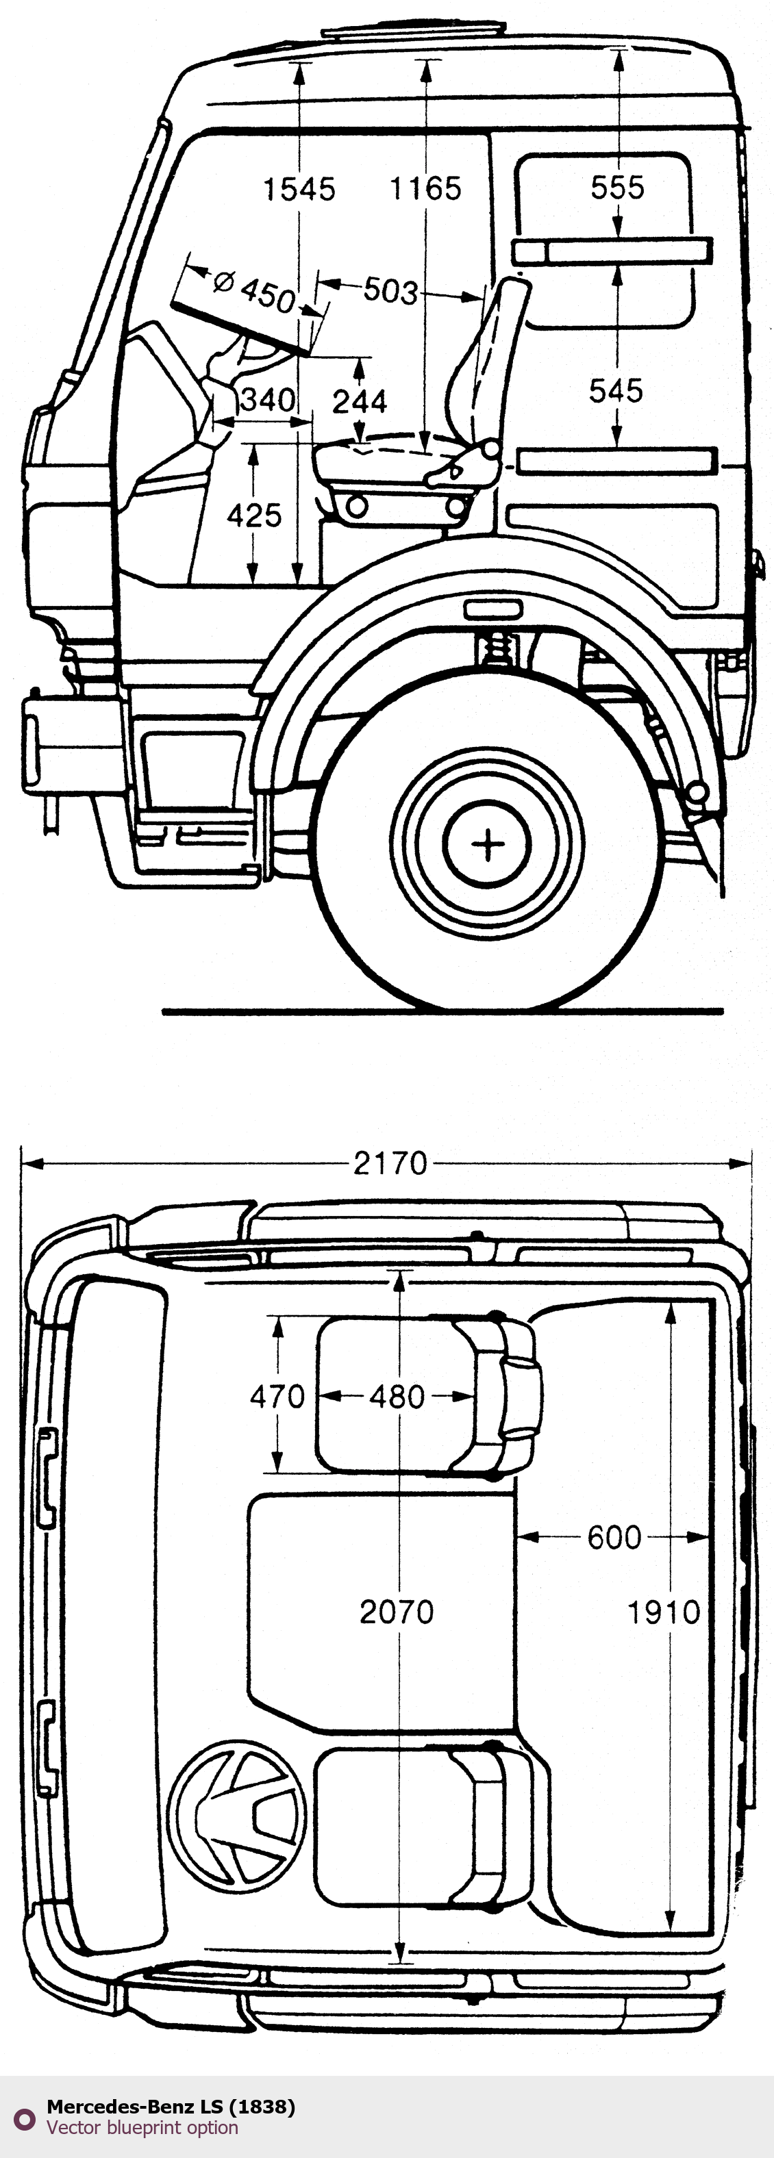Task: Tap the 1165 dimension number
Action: tap(425, 188)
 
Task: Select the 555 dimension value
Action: tap(617, 187)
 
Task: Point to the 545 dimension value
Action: tap(616, 390)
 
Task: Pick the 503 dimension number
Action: tap(390, 291)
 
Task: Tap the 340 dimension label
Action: tap(267, 400)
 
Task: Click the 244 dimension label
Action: tap(360, 402)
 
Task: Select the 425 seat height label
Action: tap(254, 516)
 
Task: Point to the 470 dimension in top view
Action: tap(277, 1397)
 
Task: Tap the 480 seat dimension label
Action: tap(397, 1397)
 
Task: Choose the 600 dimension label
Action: tap(614, 1537)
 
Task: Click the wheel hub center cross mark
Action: tap(488, 843)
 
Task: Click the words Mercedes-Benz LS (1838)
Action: tap(171, 2106)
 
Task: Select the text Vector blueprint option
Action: tap(142, 2127)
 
